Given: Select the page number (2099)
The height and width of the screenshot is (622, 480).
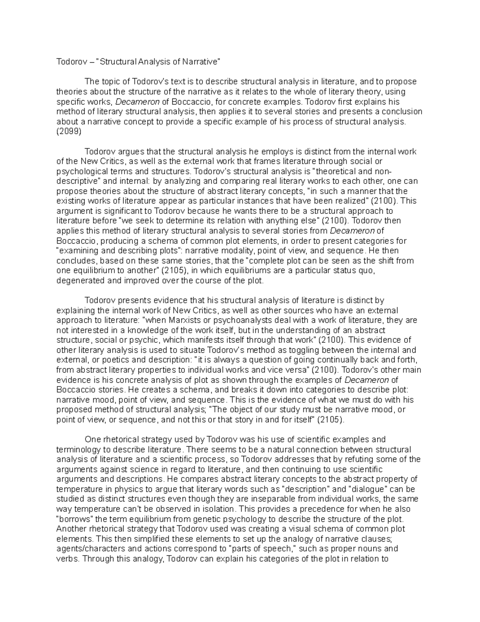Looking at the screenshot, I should [x=69, y=131].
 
